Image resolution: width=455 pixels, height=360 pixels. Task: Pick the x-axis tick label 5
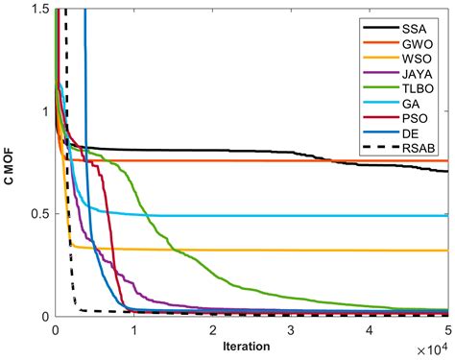click(x=447, y=329)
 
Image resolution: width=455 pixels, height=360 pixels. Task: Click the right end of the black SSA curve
click(x=447, y=172)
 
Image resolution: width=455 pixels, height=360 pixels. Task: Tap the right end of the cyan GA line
click(x=447, y=215)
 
